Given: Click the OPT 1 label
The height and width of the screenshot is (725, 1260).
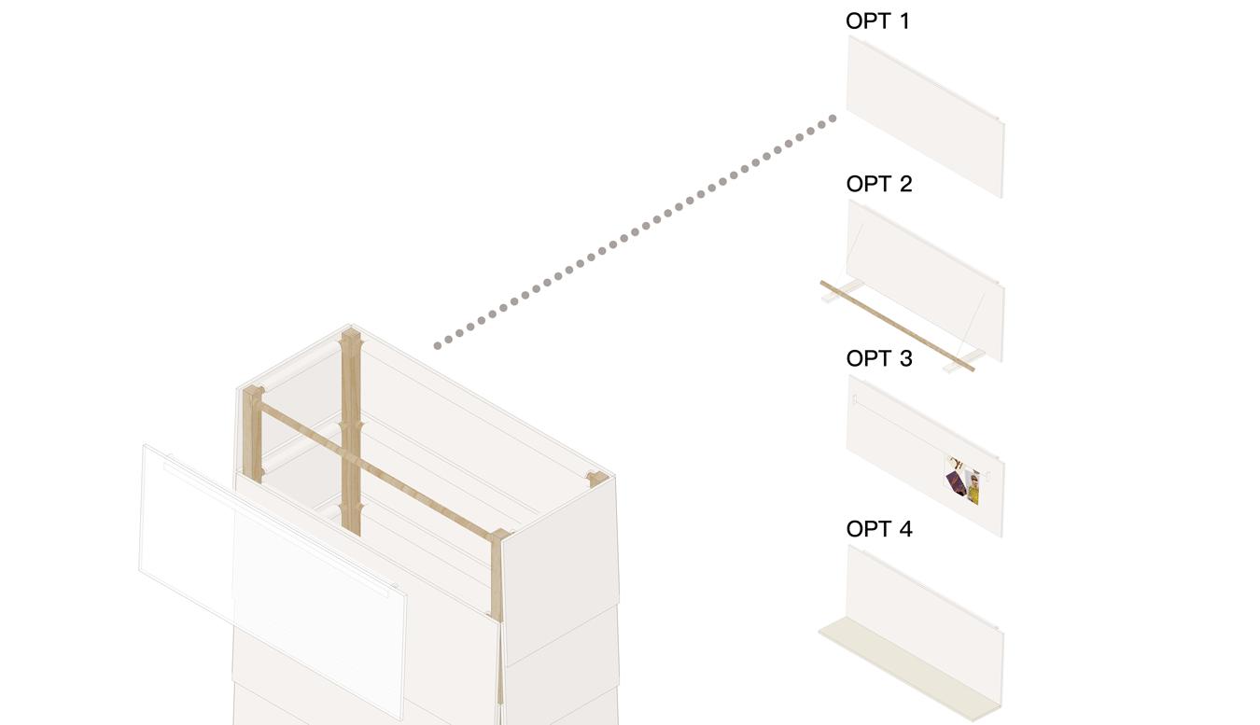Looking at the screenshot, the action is pyautogui.click(x=877, y=21).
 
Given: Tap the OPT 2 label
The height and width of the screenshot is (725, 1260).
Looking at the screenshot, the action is pyautogui.click(x=878, y=184).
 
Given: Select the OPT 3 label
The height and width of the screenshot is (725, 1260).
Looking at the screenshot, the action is pyautogui.click(x=878, y=358).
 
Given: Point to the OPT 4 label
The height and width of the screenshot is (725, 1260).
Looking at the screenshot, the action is pyautogui.click(x=878, y=529).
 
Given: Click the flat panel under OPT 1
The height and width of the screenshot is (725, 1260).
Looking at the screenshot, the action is pyautogui.click(x=925, y=117).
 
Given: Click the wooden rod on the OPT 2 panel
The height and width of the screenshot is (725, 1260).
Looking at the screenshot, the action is pyautogui.click(x=897, y=326).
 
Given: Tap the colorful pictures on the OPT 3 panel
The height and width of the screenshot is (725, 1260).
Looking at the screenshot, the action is pyautogui.click(x=962, y=481).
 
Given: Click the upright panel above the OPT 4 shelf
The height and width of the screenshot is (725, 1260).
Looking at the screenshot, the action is pyautogui.click(x=925, y=624).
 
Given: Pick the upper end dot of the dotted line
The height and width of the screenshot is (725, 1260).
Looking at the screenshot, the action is pyautogui.click(x=833, y=119).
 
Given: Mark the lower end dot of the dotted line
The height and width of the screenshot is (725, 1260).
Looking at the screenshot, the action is pyautogui.click(x=438, y=346).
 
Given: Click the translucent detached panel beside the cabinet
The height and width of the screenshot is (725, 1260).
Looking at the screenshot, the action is pyautogui.click(x=273, y=582).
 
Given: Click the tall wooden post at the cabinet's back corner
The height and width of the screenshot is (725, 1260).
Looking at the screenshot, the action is pyautogui.click(x=351, y=433).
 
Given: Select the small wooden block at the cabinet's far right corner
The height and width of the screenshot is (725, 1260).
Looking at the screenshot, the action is pyautogui.click(x=597, y=480).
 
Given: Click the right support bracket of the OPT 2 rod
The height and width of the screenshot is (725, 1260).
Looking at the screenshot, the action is pyautogui.click(x=964, y=361).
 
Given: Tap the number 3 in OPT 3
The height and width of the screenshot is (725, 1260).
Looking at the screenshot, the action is pyautogui.click(x=905, y=358).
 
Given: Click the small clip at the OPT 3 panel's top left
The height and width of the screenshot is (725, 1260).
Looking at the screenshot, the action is pyautogui.click(x=854, y=399).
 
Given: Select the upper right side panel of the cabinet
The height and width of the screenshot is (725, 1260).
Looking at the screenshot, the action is pyautogui.click(x=561, y=571).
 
